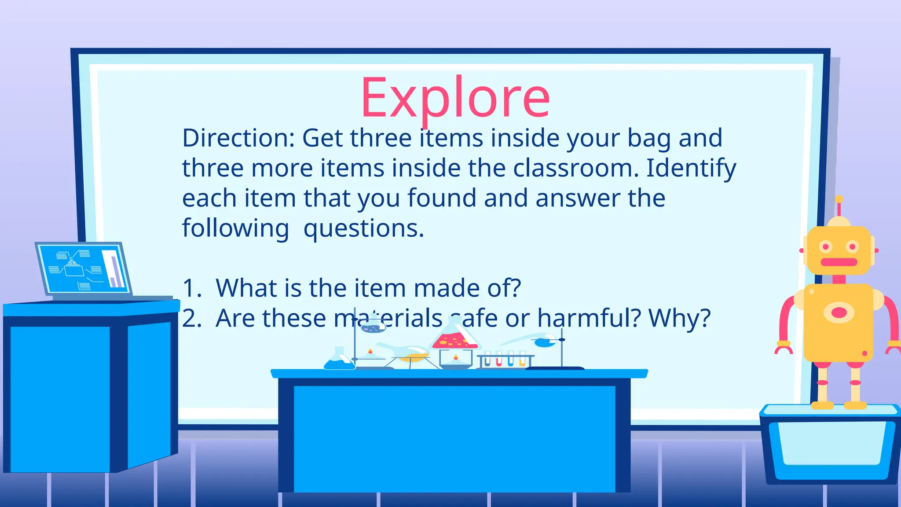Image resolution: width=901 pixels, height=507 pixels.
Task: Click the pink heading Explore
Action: coord(455,98)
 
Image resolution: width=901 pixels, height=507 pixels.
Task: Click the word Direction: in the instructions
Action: coord(238,138)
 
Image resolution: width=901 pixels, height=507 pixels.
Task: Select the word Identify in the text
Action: coord(691,169)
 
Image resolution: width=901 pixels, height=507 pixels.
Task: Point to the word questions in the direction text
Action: coord(363,228)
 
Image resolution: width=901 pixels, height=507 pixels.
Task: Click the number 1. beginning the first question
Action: coord(192,288)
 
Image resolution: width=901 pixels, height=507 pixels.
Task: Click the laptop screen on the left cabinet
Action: coord(84,268)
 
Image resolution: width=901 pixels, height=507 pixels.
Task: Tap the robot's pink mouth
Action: coord(839,262)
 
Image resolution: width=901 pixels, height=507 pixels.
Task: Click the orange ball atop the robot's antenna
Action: coord(839,199)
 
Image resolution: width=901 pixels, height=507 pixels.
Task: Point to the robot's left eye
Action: coord(825,247)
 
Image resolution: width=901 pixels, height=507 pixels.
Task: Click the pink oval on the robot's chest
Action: coord(839,312)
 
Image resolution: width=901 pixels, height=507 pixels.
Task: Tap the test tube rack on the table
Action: coord(505,360)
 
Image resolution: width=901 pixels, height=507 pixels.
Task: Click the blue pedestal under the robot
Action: coord(830,445)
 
